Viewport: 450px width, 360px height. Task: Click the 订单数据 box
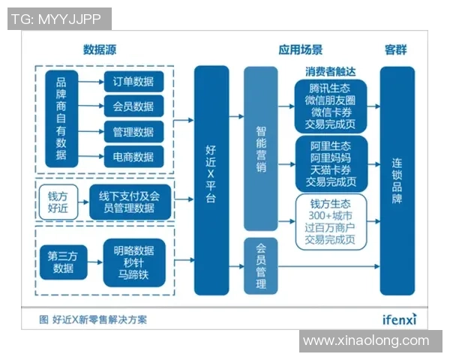pyautogui.click(x=133, y=81)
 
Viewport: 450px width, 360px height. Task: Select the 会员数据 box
pyautogui.click(x=133, y=106)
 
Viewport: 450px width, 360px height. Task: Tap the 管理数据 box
pyautogui.click(x=133, y=132)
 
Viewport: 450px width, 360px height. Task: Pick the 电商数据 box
pyautogui.click(x=133, y=157)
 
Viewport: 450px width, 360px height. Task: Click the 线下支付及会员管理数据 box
pyautogui.click(x=129, y=202)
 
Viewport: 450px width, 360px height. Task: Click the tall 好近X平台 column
pyautogui.click(x=211, y=180)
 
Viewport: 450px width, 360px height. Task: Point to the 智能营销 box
pyautogui.click(x=260, y=148)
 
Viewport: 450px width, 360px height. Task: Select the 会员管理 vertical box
pyautogui.click(x=260, y=266)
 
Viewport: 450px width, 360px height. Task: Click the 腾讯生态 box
pyautogui.click(x=330, y=105)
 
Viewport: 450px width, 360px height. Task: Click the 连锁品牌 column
pyautogui.click(x=396, y=180)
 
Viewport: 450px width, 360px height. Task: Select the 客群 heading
pyautogui.click(x=395, y=50)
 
